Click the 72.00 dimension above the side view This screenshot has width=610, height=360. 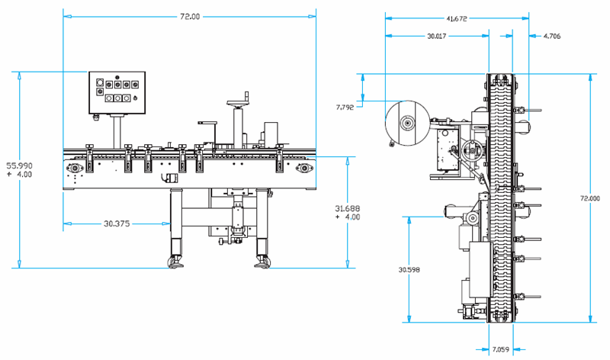pyautogui.click(x=190, y=17)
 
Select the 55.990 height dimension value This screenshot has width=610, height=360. pyautogui.click(x=20, y=166)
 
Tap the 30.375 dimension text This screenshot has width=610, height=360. pyautogui.click(x=117, y=223)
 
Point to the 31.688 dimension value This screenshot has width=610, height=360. pyautogui.click(x=348, y=209)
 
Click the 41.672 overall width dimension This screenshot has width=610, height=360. pyautogui.click(x=456, y=18)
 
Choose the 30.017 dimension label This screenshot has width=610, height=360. pyautogui.click(x=436, y=36)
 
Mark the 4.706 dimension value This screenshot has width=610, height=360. pyautogui.click(x=552, y=36)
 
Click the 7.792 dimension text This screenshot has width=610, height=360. pyautogui.click(x=345, y=107)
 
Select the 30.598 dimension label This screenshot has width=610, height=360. pyautogui.click(x=409, y=269)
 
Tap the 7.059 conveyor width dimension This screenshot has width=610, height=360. pyautogui.click(x=501, y=349)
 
